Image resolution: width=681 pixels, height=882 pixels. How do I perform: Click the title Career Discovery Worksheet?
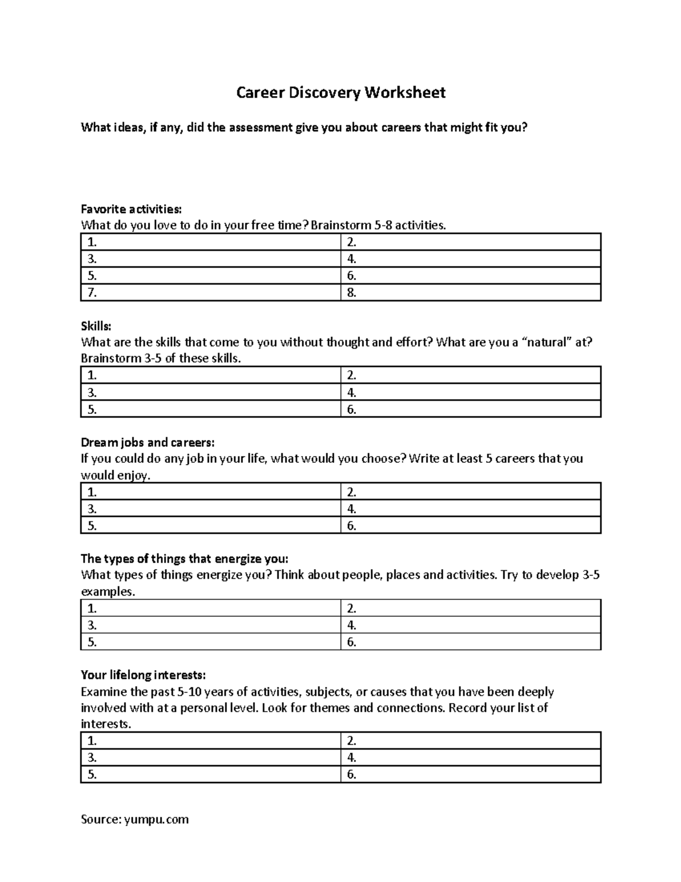340,93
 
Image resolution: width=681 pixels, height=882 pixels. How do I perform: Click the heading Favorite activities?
132,209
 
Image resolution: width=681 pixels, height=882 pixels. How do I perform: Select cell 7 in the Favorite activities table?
211,293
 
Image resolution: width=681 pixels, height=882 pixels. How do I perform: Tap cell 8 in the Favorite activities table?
470,293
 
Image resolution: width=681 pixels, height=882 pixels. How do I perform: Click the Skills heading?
96,326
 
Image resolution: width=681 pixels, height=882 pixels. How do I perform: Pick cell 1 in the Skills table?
211,375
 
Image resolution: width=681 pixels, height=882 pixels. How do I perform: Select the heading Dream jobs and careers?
148,442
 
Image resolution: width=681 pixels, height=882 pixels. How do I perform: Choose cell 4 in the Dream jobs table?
470,509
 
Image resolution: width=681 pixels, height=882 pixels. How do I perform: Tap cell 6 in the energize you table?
470,642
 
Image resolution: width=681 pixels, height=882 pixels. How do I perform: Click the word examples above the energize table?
108,592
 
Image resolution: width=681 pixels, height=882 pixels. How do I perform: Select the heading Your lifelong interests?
143,675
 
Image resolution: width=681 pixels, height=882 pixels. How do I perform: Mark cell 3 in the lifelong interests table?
211,758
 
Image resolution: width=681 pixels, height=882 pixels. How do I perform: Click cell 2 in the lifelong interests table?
470,741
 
